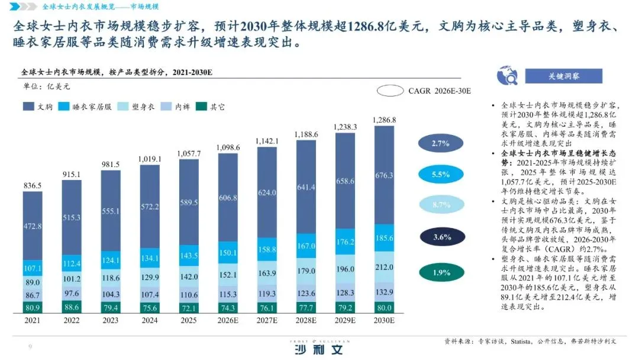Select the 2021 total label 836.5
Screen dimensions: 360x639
33,185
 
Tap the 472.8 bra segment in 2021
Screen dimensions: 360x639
33,226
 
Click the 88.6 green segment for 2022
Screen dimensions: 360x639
72,307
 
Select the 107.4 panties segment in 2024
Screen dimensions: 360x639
150,294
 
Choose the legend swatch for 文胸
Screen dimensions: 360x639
28,107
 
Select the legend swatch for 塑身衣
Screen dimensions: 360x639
123,107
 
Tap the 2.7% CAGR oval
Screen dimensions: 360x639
441,143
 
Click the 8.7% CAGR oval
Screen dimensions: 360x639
441,205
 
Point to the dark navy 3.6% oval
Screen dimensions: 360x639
441,237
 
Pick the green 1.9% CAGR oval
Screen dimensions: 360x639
441,272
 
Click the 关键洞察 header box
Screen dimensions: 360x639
563,76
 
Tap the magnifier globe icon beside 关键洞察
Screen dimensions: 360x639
506,76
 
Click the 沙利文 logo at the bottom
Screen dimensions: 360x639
319,349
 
